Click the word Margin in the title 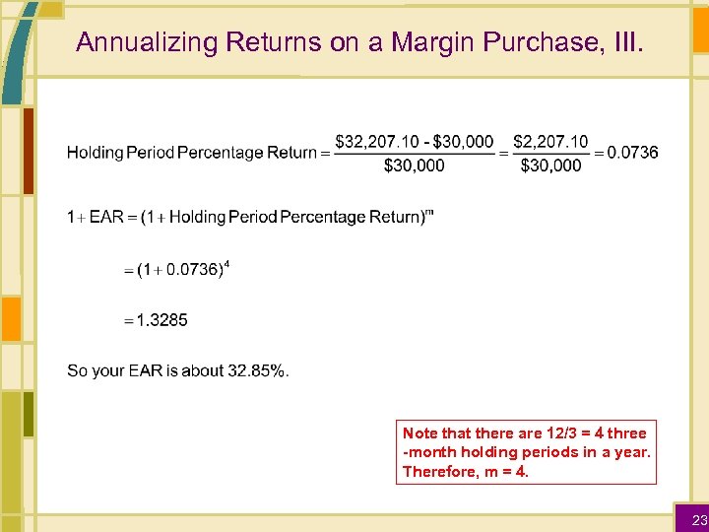434,42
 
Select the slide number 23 697,519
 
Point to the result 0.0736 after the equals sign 633,153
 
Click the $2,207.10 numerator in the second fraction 550,142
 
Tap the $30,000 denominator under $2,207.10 550,166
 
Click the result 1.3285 161,320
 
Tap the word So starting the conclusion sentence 76,370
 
